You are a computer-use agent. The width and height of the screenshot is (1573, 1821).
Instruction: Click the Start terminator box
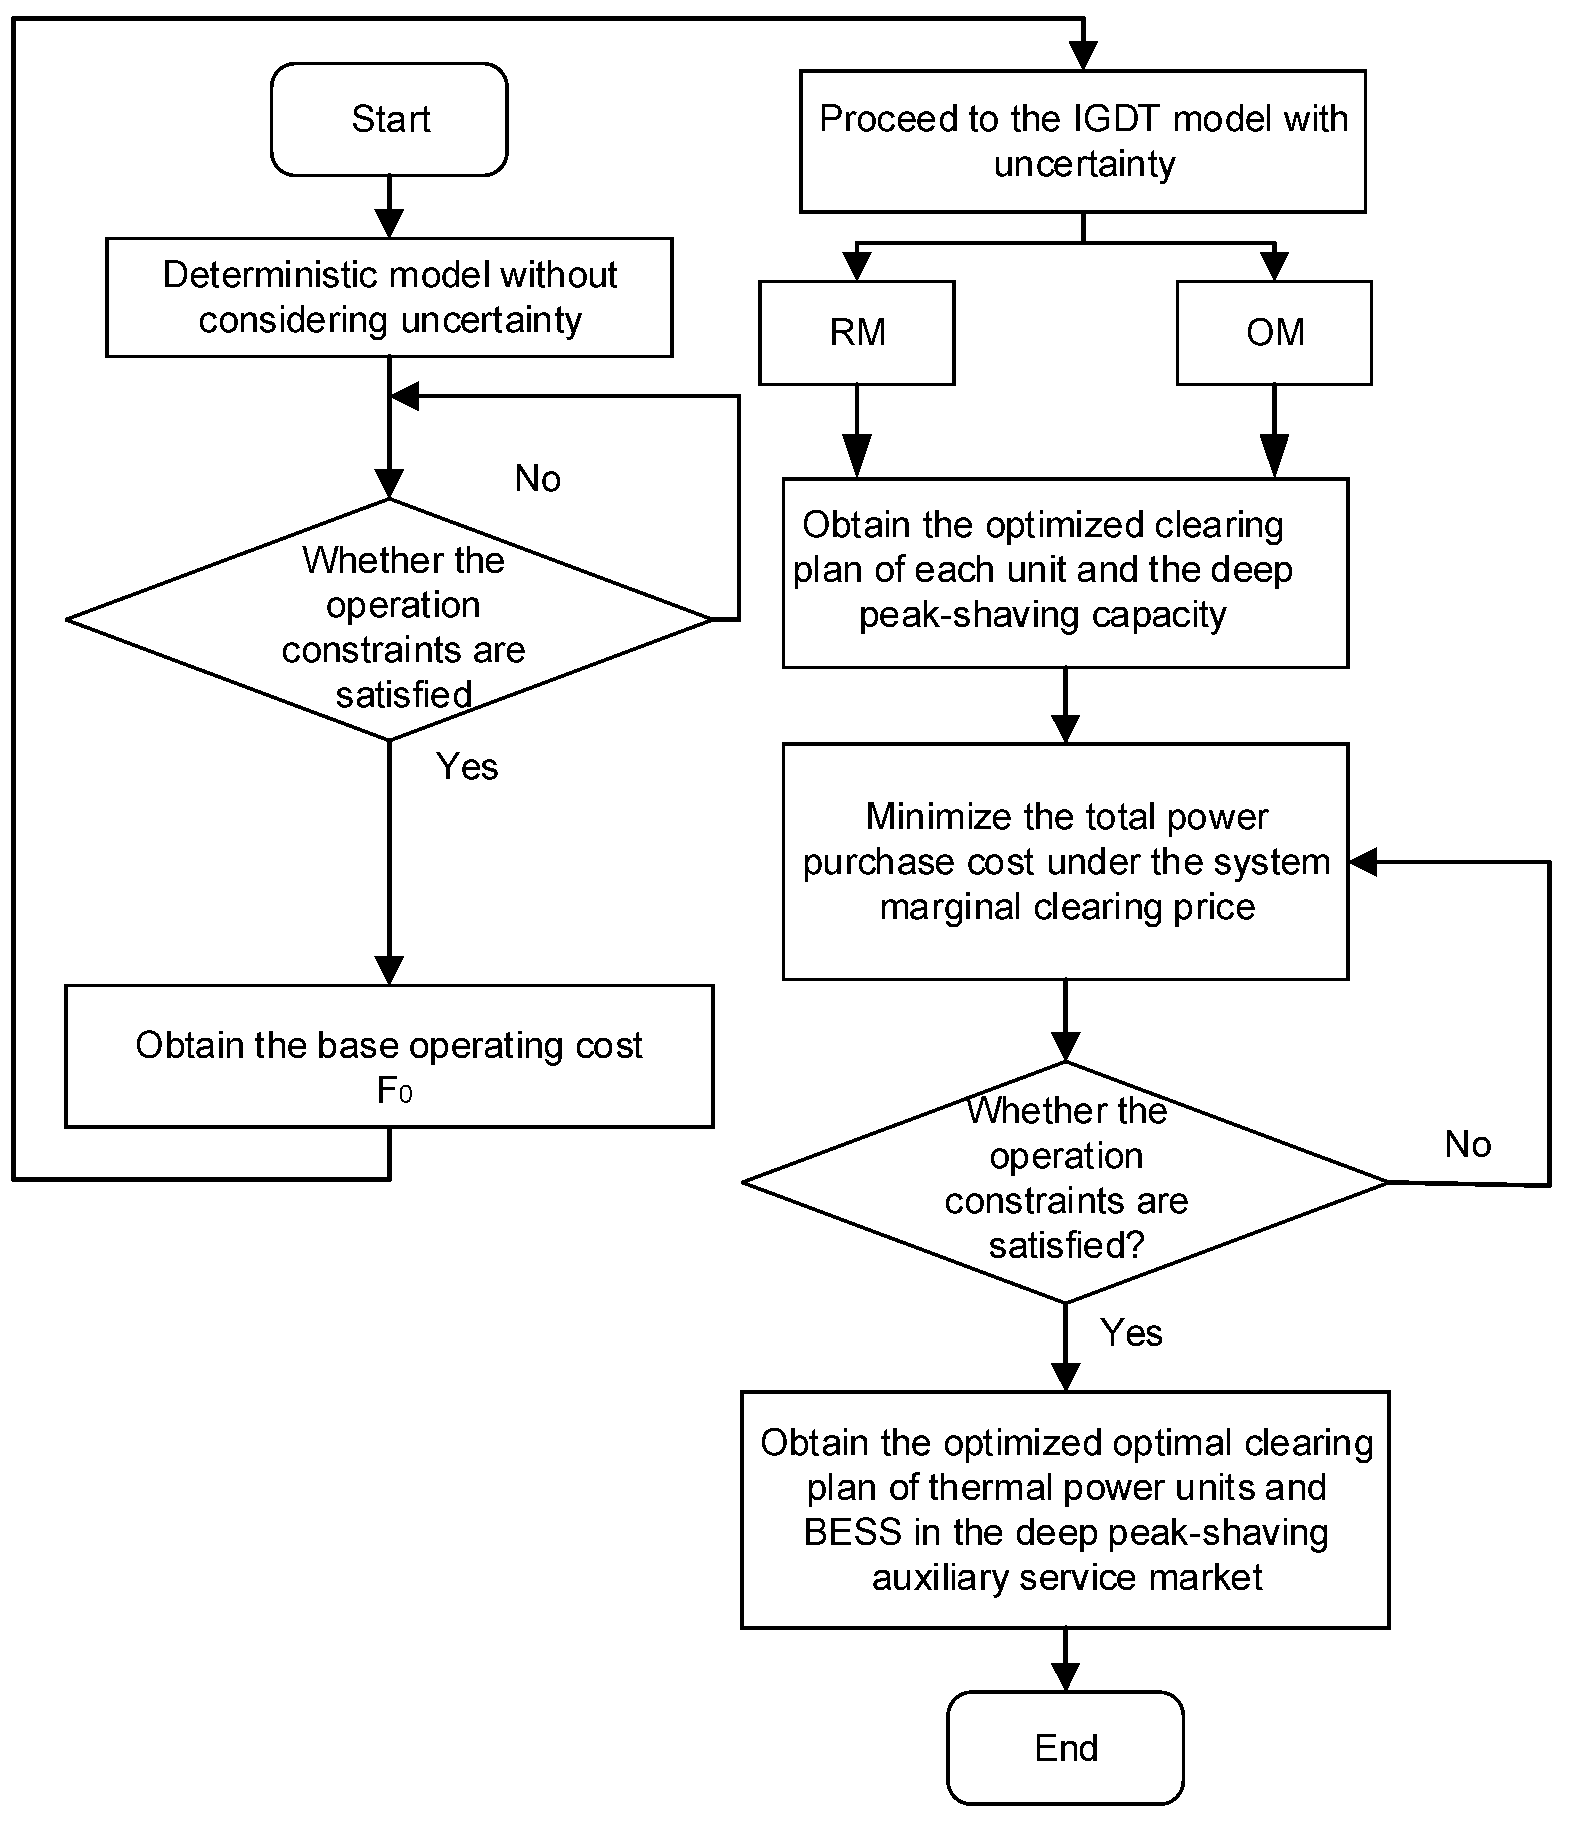[x=389, y=119]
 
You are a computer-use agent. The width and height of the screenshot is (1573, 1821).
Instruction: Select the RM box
[x=857, y=332]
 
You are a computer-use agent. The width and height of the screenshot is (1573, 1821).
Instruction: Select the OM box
[x=1274, y=332]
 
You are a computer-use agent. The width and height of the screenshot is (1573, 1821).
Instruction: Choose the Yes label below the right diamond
[x=1131, y=1333]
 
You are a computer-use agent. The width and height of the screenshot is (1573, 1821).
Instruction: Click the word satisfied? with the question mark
[x=1066, y=1245]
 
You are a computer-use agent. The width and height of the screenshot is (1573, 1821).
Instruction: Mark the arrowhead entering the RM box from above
[x=857, y=266]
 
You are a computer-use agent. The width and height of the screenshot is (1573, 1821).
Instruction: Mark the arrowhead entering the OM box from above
[x=1274, y=266]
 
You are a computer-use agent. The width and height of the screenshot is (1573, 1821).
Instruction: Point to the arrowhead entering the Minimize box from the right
[x=1363, y=862]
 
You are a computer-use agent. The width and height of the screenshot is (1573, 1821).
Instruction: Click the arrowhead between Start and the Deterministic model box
[x=389, y=223]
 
